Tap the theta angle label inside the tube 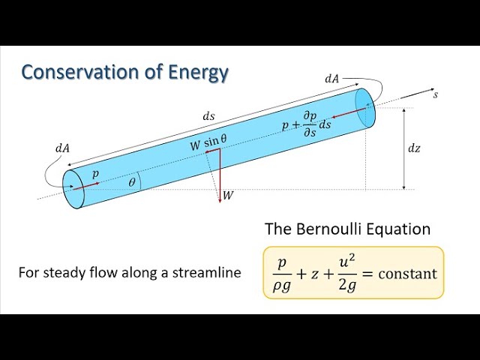[132, 182]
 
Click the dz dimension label [414, 148]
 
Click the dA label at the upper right [331, 77]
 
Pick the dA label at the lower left [61, 148]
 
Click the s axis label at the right [435, 95]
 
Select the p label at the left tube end [95, 172]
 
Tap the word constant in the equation [407, 274]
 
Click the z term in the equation [310, 274]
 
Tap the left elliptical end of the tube [73, 188]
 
